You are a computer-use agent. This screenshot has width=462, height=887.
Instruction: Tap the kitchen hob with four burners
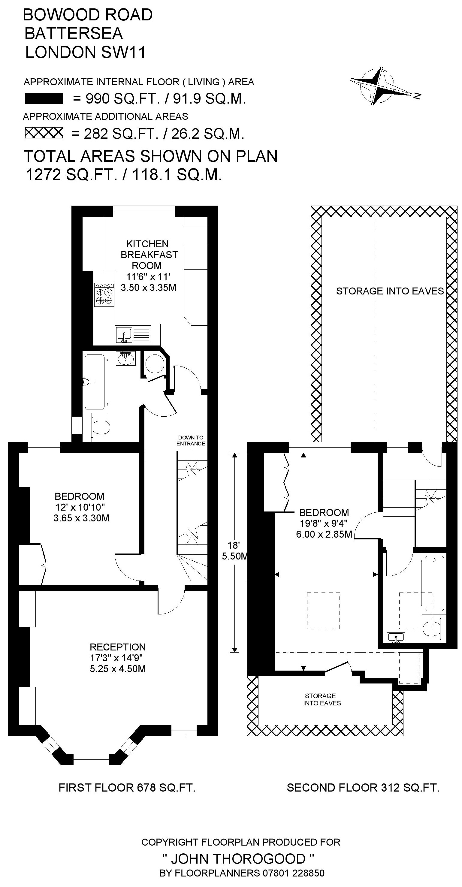(x=104, y=294)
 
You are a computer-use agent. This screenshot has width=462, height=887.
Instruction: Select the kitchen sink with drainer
(x=133, y=334)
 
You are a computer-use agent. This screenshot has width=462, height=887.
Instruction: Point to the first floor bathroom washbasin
(x=126, y=358)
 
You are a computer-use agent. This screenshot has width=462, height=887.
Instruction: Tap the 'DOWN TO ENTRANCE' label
(x=191, y=441)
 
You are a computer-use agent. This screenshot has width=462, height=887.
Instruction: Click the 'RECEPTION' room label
(x=118, y=647)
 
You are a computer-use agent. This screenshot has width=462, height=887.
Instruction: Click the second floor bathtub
(x=434, y=583)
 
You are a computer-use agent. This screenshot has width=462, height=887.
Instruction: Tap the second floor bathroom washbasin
(x=396, y=638)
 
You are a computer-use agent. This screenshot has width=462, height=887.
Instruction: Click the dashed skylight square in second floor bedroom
(x=323, y=611)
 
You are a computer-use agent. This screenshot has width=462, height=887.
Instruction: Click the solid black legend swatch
(x=44, y=98)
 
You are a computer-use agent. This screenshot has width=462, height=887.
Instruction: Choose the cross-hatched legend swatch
(x=44, y=133)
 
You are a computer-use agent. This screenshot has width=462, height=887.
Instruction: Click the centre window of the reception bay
(x=92, y=759)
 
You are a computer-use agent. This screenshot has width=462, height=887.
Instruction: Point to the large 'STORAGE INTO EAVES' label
(x=390, y=291)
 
